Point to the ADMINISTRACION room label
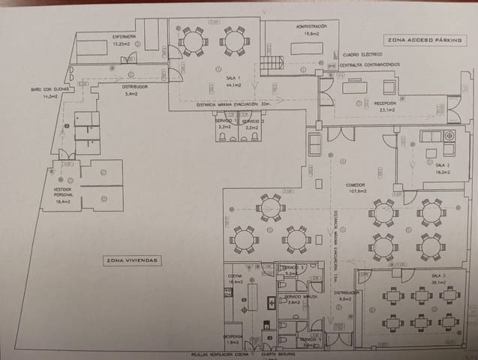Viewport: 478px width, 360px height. pyautogui.click(x=311, y=28)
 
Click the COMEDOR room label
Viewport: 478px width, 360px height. pyautogui.click(x=355, y=186)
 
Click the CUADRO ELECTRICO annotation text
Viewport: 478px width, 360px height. pyautogui.click(x=361, y=54)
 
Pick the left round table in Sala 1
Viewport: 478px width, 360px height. pyautogui.click(x=193, y=41)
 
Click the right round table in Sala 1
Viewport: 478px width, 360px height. pyautogui.click(x=234, y=41)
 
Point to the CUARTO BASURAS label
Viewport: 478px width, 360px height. pyautogui.click(x=278, y=354)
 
